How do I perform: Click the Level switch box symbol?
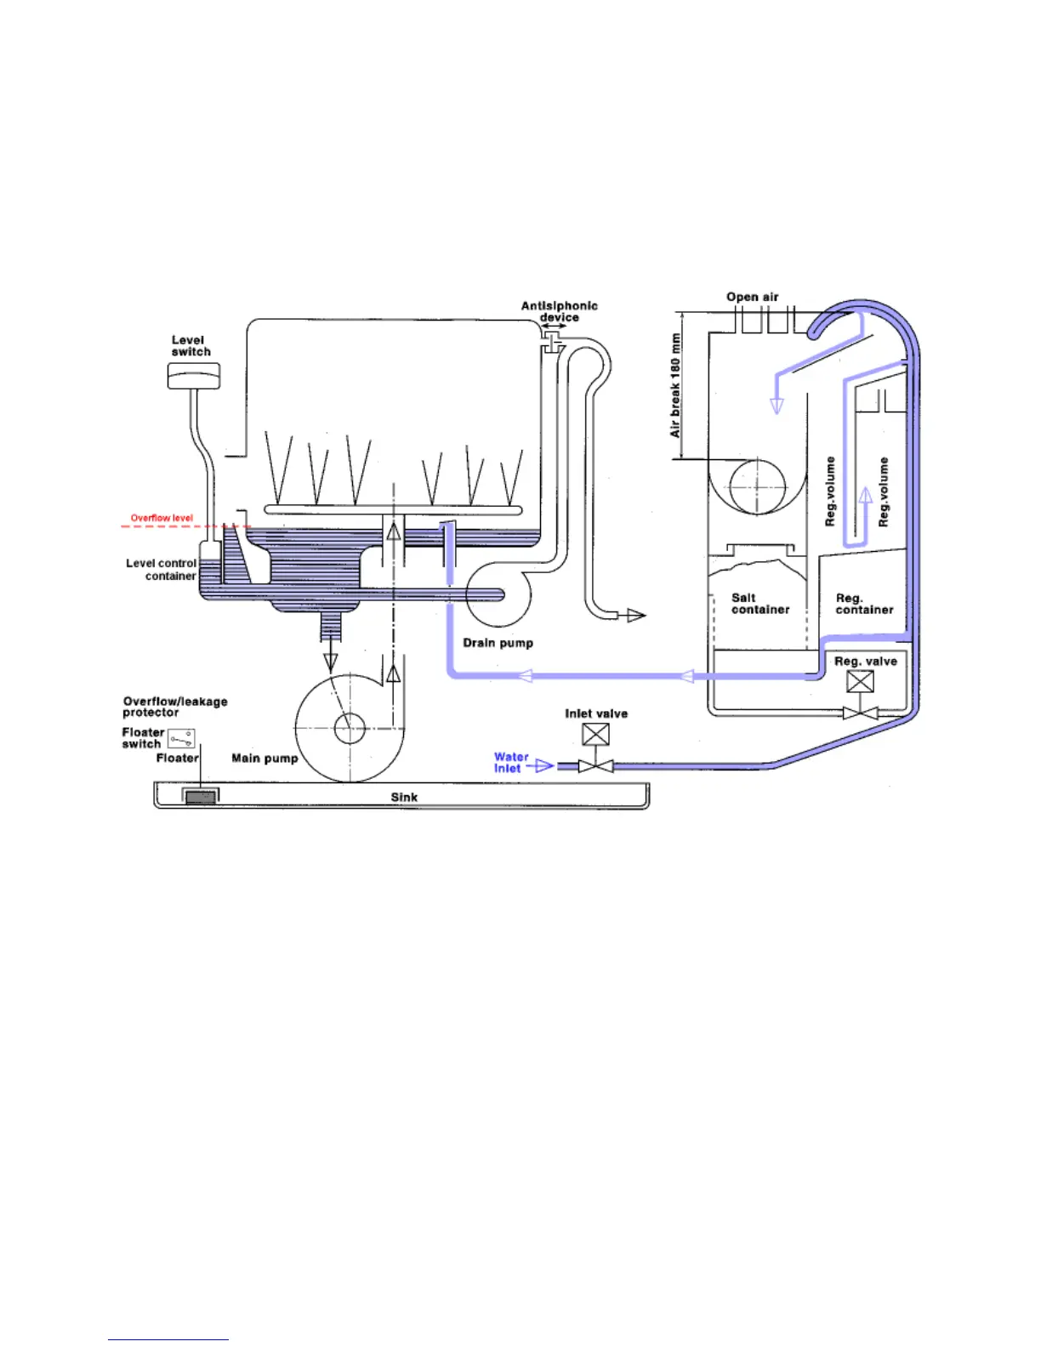[x=194, y=376]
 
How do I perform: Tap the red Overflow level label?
[x=162, y=518]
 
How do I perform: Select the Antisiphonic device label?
[x=559, y=311]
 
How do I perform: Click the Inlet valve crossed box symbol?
[x=595, y=734]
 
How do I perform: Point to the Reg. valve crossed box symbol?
[x=861, y=682]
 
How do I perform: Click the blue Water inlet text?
[x=510, y=762]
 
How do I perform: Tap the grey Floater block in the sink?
[x=201, y=797]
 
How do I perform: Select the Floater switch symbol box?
[x=181, y=739]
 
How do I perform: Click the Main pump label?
[x=265, y=758]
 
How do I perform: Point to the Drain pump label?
[x=498, y=643]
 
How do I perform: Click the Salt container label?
[x=759, y=604]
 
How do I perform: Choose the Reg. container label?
[x=863, y=604]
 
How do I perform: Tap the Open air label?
[x=752, y=297]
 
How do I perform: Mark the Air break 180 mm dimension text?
[x=675, y=385]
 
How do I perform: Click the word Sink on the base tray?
[x=404, y=797]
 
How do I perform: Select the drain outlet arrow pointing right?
[x=635, y=615]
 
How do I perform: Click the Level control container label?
[x=162, y=570]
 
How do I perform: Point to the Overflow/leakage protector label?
[x=174, y=707]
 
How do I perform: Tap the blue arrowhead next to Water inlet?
[x=544, y=766]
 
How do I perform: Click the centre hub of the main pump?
[x=348, y=728]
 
